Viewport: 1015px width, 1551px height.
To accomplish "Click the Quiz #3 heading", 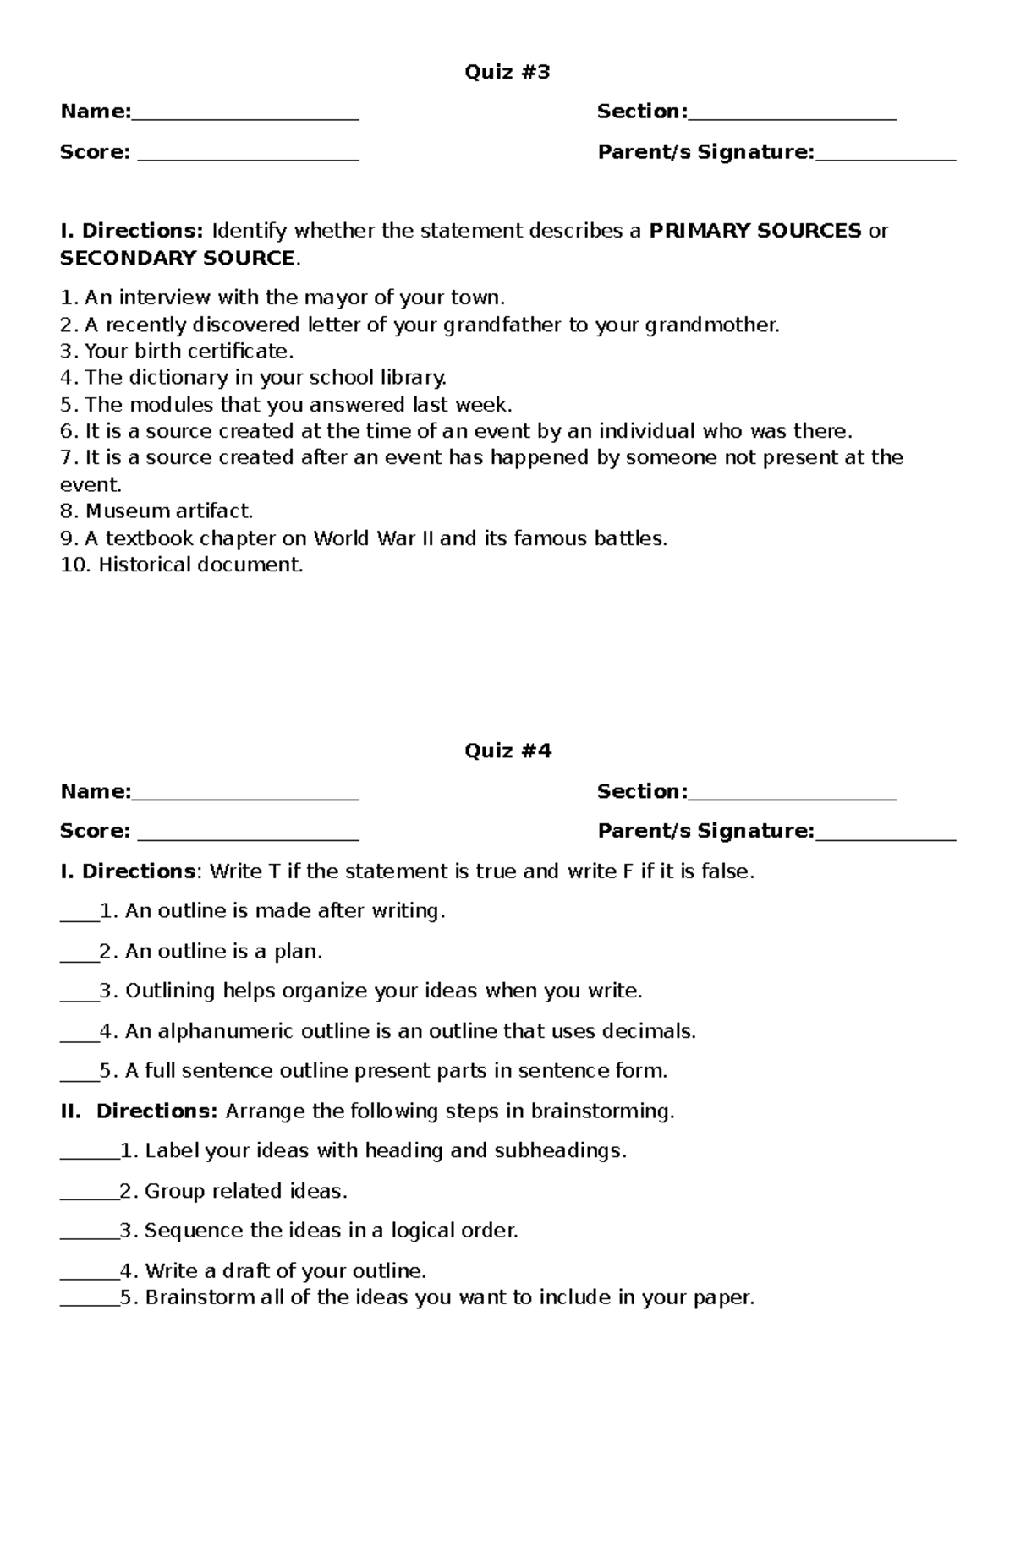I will coord(507,73).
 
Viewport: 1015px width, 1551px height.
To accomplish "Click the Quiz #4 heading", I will coord(507,751).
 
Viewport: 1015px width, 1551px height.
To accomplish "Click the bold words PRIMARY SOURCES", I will coord(755,231).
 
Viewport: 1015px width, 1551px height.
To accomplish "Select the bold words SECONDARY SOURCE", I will coord(178,258).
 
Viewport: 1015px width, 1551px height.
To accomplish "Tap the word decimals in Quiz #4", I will coord(648,1031).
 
